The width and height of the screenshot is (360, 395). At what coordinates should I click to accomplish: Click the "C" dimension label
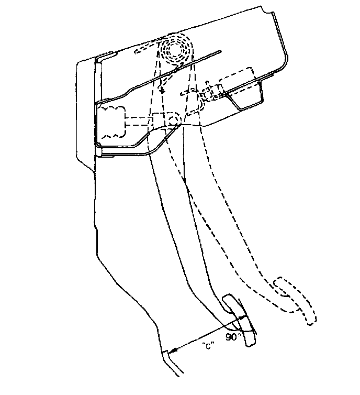(206, 346)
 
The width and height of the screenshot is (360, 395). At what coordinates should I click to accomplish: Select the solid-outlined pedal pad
(239, 320)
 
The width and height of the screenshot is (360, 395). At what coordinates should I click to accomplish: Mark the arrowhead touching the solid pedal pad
(242, 317)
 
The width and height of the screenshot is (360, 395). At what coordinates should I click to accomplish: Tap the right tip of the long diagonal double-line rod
(222, 51)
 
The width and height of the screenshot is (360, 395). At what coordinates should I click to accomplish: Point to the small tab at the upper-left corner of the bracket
(107, 55)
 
